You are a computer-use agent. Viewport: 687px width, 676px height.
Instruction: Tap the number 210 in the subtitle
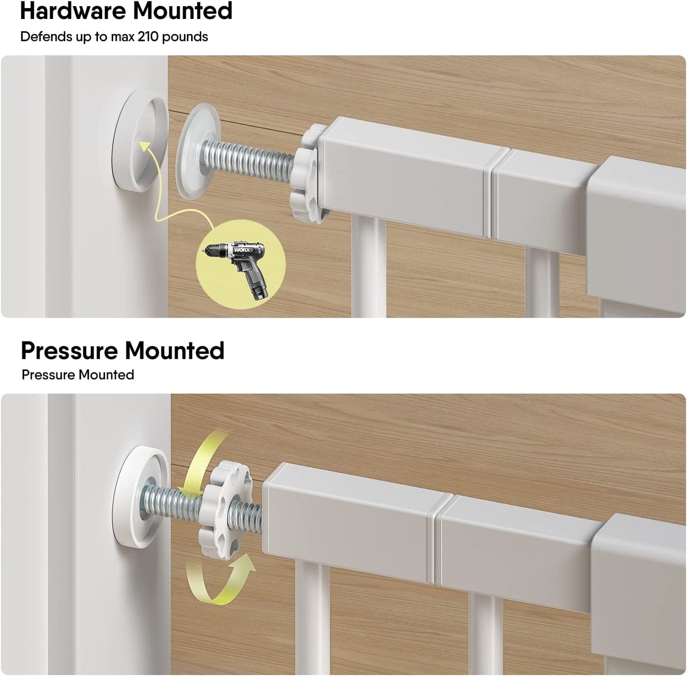[x=148, y=37]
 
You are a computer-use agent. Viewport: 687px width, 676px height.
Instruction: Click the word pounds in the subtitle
[x=185, y=37]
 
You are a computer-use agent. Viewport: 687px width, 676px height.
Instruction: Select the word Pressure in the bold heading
[x=69, y=350]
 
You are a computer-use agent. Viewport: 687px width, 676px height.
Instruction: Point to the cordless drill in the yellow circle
[x=241, y=266]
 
